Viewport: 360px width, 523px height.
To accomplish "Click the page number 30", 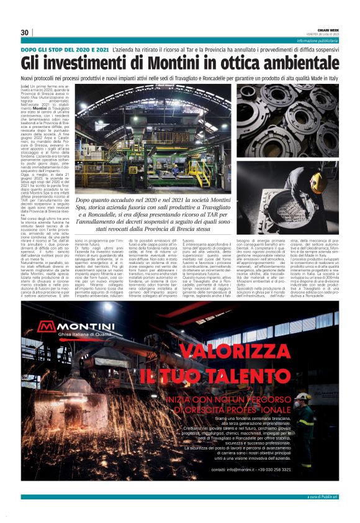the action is [24, 33].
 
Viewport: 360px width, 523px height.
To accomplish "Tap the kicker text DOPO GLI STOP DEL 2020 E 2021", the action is [65, 48].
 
